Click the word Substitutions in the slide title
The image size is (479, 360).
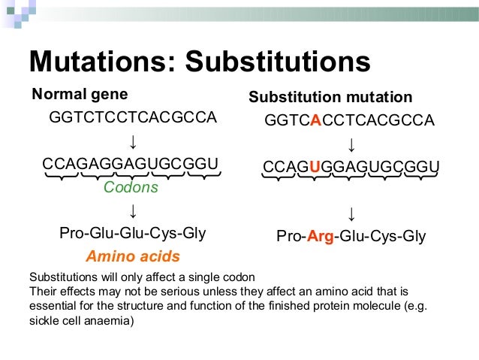pyautogui.click(x=279, y=62)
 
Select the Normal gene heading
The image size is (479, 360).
pyautogui.click(x=79, y=95)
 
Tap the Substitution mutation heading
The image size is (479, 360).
pyautogui.click(x=330, y=98)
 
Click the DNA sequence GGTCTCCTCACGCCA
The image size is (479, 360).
pyautogui.click(x=133, y=118)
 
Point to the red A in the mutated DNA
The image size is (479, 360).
pyautogui.click(x=315, y=121)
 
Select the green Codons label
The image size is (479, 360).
pyautogui.click(x=131, y=187)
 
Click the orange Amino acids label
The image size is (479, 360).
pyautogui.click(x=133, y=256)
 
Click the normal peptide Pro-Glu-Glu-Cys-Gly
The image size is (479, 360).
pyautogui.click(x=133, y=234)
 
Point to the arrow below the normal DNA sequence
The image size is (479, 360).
pyautogui.click(x=132, y=141)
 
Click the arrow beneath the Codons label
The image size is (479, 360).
pyautogui.click(x=132, y=210)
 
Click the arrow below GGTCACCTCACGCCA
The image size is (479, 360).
pyautogui.click(x=351, y=144)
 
